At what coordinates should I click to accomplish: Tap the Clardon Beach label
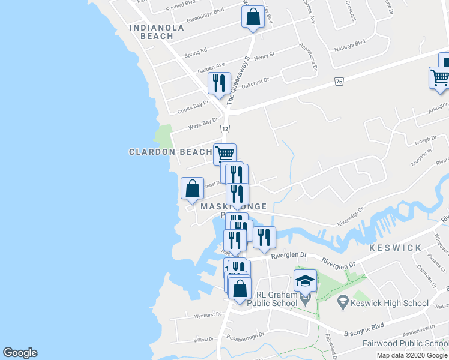tap(170, 152)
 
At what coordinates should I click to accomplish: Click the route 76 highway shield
tap(339, 82)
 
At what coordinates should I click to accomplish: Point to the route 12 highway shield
tap(225, 129)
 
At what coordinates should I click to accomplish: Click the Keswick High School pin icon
tap(343, 302)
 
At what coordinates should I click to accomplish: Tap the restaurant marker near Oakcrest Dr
tap(219, 83)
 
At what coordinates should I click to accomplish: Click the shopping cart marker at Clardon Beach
tap(224, 154)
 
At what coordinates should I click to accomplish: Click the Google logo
tap(20, 353)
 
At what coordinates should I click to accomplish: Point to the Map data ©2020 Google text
tap(412, 355)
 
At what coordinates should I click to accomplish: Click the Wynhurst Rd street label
tap(208, 314)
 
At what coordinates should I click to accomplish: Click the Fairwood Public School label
tap(405, 344)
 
